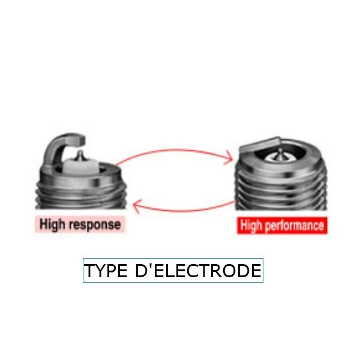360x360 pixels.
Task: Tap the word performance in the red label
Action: tap(295, 226)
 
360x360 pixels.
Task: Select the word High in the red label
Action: tap(251, 226)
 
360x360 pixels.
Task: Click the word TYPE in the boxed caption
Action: tap(106, 271)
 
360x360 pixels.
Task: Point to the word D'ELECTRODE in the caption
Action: tap(199, 271)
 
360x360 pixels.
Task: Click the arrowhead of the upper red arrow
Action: tap(230, 158)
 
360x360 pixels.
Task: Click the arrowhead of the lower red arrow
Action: tap(136, 206)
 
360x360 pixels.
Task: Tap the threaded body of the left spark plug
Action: tap(81, 195)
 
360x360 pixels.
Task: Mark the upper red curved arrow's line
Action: tap(173, 151)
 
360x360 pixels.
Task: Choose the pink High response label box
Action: tap(80, 224)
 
